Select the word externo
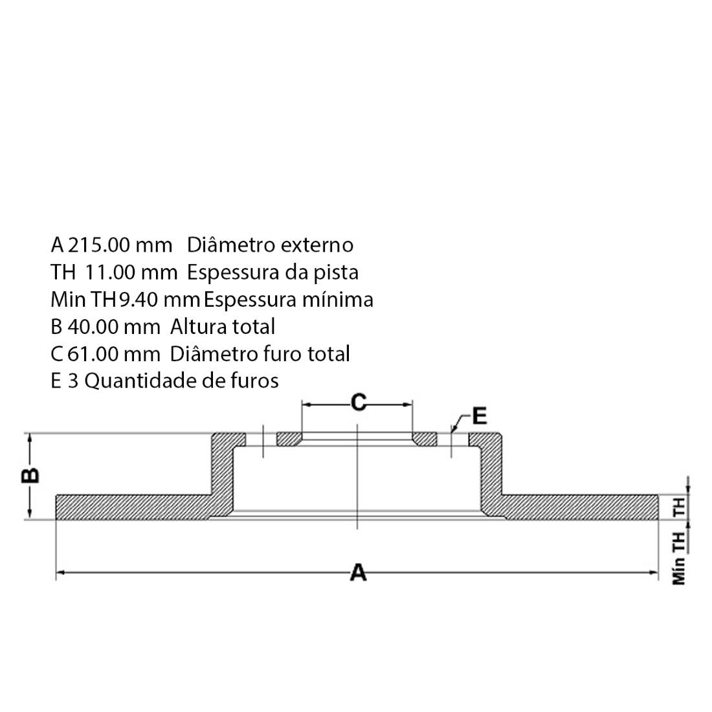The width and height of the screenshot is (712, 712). tap(317, 245)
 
